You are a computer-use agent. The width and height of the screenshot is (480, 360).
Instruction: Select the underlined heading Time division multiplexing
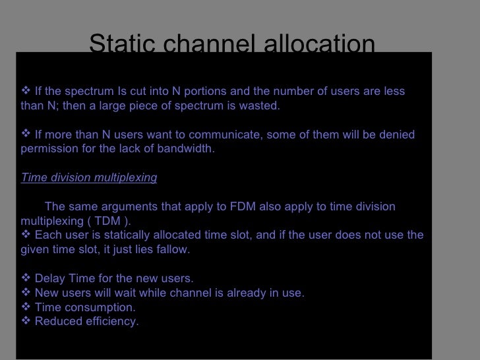[89, 178]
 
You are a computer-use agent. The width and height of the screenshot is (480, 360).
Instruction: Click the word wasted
[260, 106]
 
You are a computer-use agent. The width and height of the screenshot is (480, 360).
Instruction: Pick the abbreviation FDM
[263, 207]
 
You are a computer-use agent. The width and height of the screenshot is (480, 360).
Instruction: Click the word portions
[200, 90]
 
